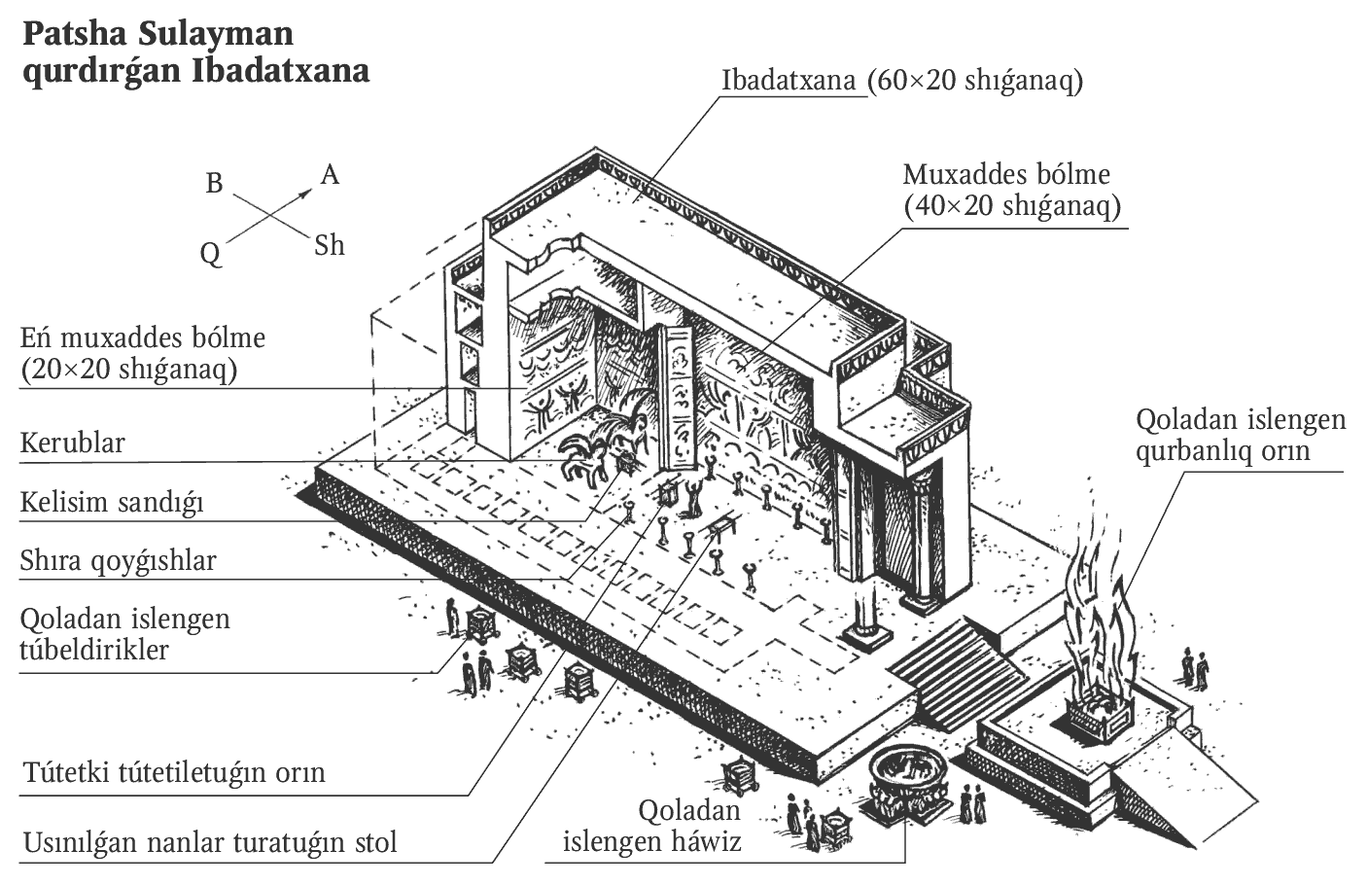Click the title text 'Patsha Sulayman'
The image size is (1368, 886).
tap(158, 34)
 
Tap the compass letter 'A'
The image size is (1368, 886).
tap(331, 176)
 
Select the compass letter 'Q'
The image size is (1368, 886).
tap(211, 255)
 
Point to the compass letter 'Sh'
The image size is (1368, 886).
tap(330, 245)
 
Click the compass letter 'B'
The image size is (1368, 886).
tap(215, 183)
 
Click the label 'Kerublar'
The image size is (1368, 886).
tap(73, 443)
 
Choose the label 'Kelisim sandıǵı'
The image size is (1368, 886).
tap(112, 503)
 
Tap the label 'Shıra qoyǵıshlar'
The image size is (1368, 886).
tap(118, 561)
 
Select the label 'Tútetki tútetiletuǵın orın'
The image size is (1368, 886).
tap(174, 773)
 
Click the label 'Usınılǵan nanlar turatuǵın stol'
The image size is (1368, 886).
tap(210, 842)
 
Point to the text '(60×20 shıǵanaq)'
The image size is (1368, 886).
tap(976, 81)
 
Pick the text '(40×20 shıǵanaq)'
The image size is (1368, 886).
tap(1013, 206)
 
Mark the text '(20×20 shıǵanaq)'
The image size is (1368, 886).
tap(129, 370)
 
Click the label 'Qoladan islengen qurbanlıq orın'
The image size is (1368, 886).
tap(1241, 435)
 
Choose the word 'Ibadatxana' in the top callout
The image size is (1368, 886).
tap(789, 81)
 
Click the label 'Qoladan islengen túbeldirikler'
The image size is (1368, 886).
tap(124, 634)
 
